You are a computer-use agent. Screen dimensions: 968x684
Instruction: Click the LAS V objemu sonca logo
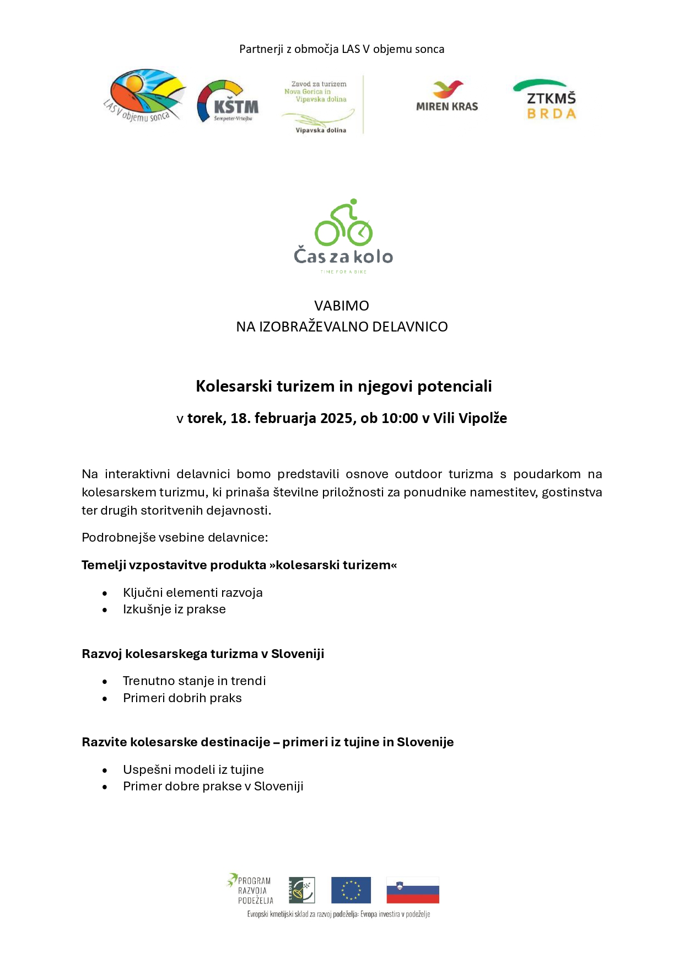click(144, 95)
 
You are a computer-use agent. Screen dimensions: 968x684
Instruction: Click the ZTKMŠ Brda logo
click(545, 100)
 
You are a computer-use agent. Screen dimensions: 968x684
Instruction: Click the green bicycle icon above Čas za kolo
click(343, 223)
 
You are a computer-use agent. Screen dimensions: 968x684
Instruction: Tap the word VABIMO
click(342, 306)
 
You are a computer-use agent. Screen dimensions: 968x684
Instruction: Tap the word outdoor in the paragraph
click(418, 474)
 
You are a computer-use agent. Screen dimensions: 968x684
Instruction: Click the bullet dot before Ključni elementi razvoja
click(105, 593)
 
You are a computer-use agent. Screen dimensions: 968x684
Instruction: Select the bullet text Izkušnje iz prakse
click(174, 609)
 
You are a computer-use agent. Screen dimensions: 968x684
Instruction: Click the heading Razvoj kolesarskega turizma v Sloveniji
click(203, 654)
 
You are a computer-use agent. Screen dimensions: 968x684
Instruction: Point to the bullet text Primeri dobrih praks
click(182, 698)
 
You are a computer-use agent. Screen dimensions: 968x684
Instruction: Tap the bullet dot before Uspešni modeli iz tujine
click(105, 771)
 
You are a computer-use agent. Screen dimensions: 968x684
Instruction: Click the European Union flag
click(351, 890)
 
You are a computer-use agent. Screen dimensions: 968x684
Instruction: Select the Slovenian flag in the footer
click(413, 890)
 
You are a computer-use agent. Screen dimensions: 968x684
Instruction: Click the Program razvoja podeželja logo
click(250, 889)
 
